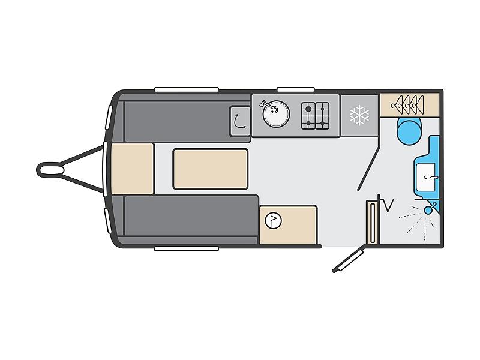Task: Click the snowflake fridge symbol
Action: click(x=359, y=115)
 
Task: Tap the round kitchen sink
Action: click(x=276, y=114)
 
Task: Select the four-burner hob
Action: click(x=316, y=116)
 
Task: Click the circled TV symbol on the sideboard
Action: click(x=273, y=221)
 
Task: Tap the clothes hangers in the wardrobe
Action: click(x=407, y=105)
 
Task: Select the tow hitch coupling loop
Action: click(x=50, y=170)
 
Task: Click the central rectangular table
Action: click(x=211, y=169)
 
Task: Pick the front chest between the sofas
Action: click(x=132, y=169)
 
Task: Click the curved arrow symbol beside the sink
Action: click(x=239, y=121)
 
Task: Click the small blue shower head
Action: click(x=430, y=208)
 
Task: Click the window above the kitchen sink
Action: click(x=296, y=89)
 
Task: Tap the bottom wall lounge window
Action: click(x=187, y=248)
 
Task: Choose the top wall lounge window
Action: click(x=187, y=89)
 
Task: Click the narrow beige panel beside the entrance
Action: click(x=373, y=223)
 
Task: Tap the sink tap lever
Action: click(x=266, y=106)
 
